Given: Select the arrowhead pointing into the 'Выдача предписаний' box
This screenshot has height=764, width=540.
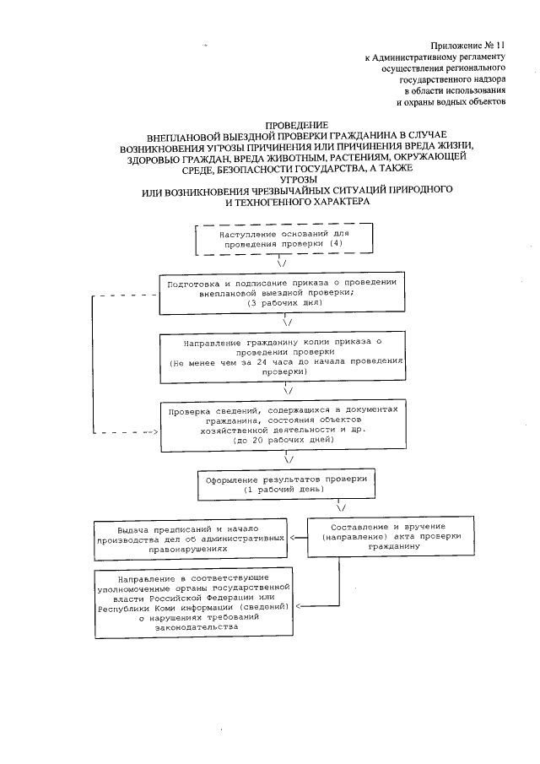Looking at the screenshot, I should click(x=292, y=538).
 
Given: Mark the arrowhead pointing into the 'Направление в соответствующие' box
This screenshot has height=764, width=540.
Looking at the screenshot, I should click(x=298, y=606).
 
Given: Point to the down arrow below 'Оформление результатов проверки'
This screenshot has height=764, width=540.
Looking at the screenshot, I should click(x=341, y=507).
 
